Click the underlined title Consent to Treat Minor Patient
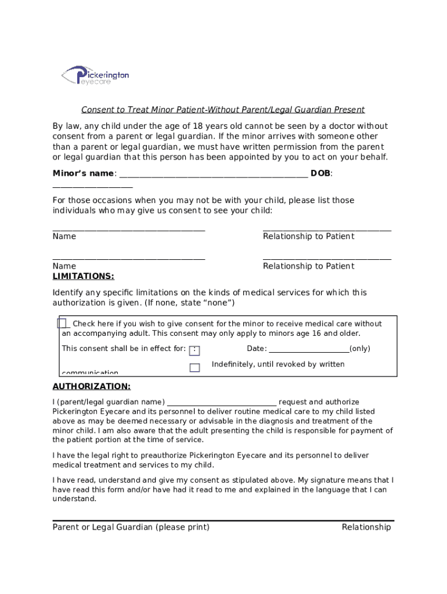click(x=223, y=110)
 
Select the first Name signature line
click(x=128, y=230)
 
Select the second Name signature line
click(x=128, y=259)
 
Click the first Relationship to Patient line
click(x=327, y=230)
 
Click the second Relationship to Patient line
click(x=327, y=259)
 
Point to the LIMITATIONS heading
click(x=83, y=276)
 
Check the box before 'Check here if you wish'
click(x=62, y=324)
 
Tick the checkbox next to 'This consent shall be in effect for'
click(x=194, y=350)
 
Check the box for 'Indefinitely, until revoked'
click(x=194, y=367)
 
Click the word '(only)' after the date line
click(x=360, y=349)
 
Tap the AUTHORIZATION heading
click(x=91, y=386)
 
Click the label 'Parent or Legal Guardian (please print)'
click(x=131, y=527)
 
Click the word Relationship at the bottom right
click(x=366, y=527)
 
